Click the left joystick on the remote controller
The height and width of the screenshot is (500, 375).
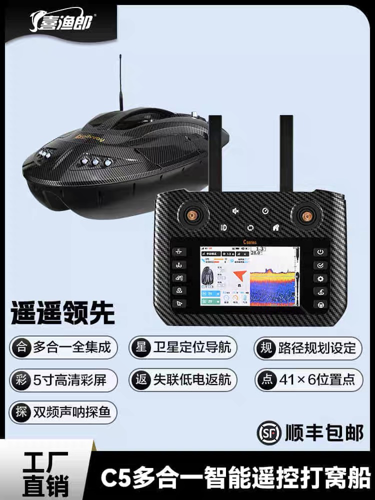pyautogui.click(x=191, y=215)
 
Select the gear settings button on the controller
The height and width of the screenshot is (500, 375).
pyautogui.click(x=320, y=278)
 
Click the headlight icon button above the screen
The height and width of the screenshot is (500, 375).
pyautogui.click(x=223, y=227)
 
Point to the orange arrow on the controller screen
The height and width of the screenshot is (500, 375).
pyautogui.click(x=240, y=275)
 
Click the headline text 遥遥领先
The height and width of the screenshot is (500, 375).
pyautogui.click(x=62, y=313)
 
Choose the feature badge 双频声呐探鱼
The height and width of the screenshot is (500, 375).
pyautogui.click(x=63, y=412)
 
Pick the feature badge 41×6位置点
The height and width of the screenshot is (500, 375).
pyautogui.click(x=308, y=380)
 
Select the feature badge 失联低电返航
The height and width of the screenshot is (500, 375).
pyautogui.click(x=183, y=380)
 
